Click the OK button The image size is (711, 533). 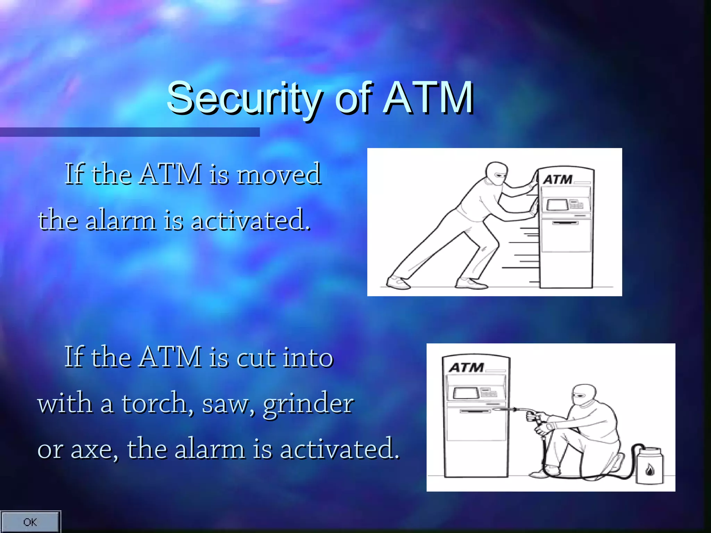(x=30, y=522)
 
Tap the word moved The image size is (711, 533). (x=279, y=174)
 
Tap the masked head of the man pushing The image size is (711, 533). (x=496, y=174)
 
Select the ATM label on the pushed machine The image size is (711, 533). (x=558, y=180)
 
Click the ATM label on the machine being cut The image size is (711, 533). (x=466, y=367)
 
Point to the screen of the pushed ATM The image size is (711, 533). (x=557, y=205)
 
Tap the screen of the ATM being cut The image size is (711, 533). (x=464, y=393)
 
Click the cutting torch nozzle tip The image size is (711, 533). (x=494, y=410)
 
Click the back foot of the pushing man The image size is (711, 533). (x=398, y=282)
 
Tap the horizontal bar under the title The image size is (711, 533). (x=129, y=132)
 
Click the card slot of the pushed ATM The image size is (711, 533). (x=565, y=223)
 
